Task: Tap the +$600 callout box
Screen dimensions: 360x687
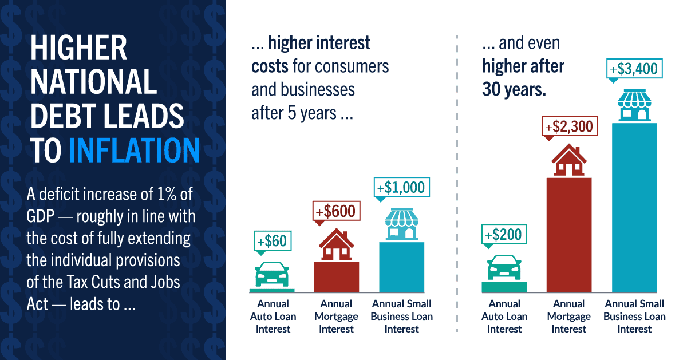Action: point(335,211)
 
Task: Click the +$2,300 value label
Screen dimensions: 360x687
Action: point(570,125)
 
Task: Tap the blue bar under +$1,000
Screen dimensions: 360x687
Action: point(401,266)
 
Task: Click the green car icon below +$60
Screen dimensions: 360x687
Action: point(273,274)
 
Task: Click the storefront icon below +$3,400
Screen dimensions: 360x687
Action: point(634,106)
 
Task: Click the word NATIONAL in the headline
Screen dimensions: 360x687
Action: point(93,82)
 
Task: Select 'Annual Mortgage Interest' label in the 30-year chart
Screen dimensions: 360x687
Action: point(569,317)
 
